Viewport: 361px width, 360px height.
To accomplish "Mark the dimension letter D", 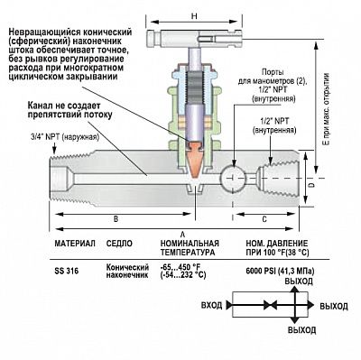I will click(310, 183).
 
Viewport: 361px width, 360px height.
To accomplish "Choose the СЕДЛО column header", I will click(122, 245).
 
